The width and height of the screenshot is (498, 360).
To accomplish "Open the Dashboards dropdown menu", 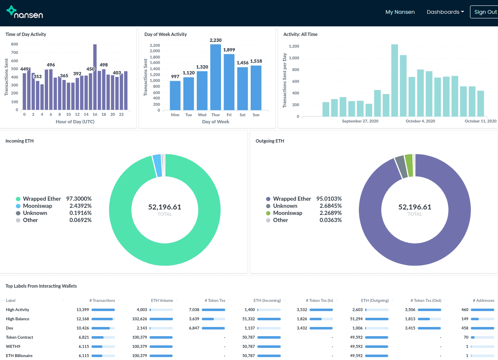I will point(445,12).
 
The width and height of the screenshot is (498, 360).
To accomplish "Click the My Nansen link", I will point(400,12).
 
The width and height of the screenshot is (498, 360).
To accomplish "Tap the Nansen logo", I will point(25,13).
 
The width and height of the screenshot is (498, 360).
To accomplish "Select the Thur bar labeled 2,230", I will point(216,77).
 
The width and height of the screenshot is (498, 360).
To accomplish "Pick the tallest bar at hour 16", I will point(95,77).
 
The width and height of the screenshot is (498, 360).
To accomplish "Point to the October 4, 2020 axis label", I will point(420,121).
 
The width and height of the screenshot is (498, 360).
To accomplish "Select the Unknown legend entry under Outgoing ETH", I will point(285,206).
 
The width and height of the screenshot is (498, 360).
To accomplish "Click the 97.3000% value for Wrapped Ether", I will point(80,199).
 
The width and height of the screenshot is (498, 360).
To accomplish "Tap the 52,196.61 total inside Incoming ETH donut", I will point(165,207).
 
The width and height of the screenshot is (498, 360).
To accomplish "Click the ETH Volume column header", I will point(162,300).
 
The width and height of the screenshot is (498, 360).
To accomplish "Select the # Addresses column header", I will point(483,300).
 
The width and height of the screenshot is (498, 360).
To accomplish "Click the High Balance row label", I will point(18,319).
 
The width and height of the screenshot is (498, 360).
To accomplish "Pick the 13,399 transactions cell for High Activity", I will point(83,309).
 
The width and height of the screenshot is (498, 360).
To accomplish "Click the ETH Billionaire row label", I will point(19,355).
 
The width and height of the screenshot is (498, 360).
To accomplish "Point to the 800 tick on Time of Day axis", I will point(14,44).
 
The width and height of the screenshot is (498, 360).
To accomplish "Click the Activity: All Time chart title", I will point(300,34).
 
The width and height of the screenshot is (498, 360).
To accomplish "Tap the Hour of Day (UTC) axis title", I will point(75,122).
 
